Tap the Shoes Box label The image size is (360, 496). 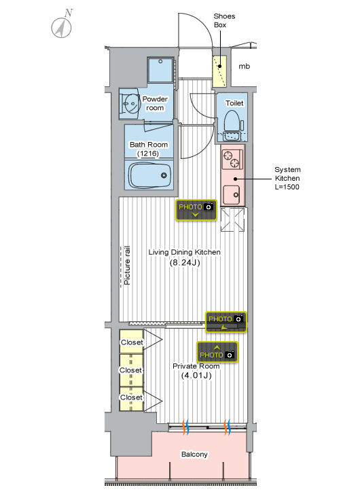pos(224,20)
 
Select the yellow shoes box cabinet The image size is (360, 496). pos(219,71)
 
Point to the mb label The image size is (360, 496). pos(245,67)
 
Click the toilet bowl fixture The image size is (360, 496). pos(232,121)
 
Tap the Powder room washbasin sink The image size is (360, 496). pos(130,103)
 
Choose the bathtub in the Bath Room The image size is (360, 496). pos(150,175)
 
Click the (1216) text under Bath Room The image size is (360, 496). pos(148,154)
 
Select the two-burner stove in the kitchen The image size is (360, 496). pos(232,159)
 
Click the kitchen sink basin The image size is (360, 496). pos(232,194)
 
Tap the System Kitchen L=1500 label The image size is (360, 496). pos(287,178)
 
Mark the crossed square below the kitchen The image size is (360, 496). pos(232,219)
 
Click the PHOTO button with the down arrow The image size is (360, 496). pos(196,210)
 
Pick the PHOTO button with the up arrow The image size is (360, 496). pos(217,352)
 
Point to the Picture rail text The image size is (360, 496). pos(127,266)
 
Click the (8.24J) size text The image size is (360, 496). pos(185,262)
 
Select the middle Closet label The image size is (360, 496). pos(130,370)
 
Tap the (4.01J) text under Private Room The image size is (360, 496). pos(196,376)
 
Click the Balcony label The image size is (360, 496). pos(194,455)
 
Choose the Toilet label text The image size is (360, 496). pos(234,103)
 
